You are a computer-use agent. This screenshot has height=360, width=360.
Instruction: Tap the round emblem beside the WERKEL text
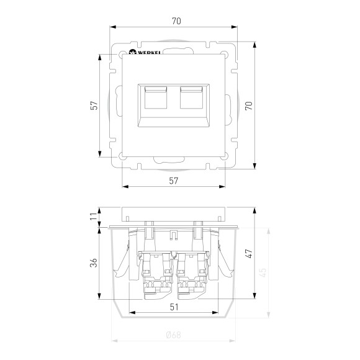tap(132, 54)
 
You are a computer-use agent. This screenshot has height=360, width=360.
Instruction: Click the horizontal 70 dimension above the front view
tap(176, 21)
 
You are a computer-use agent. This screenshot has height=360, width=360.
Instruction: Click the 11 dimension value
tap(93, 216)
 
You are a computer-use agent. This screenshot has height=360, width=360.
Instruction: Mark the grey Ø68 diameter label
tap(173, 336)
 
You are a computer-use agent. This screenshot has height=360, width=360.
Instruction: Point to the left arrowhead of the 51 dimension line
tap(132, 312)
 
